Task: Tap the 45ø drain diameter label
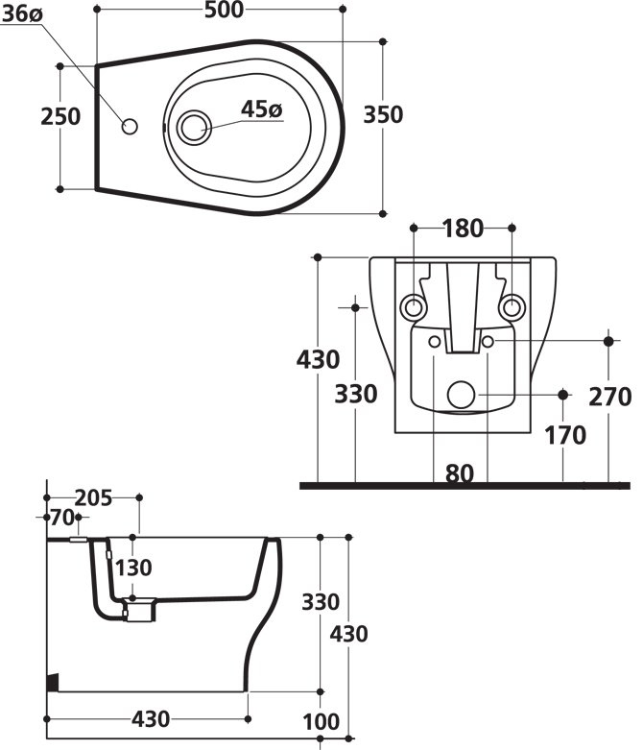click(261, 109)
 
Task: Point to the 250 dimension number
click(60, 116)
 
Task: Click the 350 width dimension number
click(383, 114)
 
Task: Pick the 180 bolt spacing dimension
click(462, 229)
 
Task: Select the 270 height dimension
click(610, 396)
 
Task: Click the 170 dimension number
click(564, 435)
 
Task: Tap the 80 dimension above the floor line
click(462, 472)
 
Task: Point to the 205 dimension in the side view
click(93, 497)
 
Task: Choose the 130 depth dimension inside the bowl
click(133, 568)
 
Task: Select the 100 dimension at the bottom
click(321, 721)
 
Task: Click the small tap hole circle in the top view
click(131, 126)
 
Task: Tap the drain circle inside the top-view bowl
click(195, 126)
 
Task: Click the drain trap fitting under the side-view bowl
click(139, 611)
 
